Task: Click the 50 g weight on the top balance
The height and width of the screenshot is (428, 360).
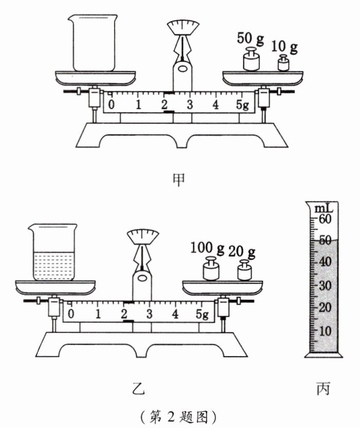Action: tap(251, 59)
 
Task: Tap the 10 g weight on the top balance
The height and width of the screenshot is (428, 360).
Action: tap(283, 63)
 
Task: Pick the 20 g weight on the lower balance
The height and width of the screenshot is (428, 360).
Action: tap(244, 270)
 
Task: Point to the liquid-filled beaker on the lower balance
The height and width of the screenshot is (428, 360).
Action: tap(53, 252)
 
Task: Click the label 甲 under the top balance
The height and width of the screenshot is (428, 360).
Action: tap(179, 179)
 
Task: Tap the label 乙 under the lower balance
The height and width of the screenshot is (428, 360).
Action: tap(138, 389)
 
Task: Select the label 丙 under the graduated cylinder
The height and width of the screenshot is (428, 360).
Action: tap(323, 388)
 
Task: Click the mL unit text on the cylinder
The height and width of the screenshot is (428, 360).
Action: tap(324, 208)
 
